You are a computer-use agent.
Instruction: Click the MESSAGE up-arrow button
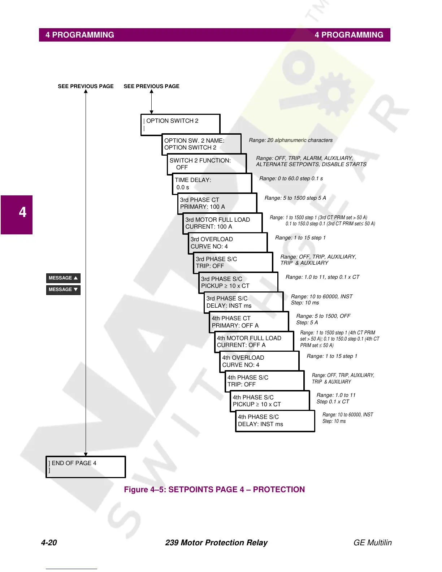63,278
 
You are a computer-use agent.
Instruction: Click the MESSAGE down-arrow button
63,290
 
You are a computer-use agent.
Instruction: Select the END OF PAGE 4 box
86,467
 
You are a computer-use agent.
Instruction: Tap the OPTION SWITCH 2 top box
180,125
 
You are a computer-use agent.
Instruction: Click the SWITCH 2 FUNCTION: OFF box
207,164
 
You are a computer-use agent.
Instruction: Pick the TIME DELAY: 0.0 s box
212,184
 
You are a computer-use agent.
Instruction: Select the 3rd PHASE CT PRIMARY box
217,203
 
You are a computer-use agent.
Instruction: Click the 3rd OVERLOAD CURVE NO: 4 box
228,243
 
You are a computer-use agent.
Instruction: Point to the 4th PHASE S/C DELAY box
275,421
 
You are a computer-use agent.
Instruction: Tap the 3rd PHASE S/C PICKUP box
238,282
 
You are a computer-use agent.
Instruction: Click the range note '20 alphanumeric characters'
291,140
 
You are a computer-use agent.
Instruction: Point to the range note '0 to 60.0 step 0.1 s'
291,178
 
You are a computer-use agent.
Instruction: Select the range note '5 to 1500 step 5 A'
295,198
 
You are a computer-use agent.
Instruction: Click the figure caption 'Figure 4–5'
214,490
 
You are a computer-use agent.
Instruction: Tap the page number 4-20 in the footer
49,543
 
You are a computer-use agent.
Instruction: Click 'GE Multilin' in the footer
372,543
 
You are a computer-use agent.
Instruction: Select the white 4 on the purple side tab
22,212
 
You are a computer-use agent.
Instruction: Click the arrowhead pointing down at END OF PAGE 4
86,454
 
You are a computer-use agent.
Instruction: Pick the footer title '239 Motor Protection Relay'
216,543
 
